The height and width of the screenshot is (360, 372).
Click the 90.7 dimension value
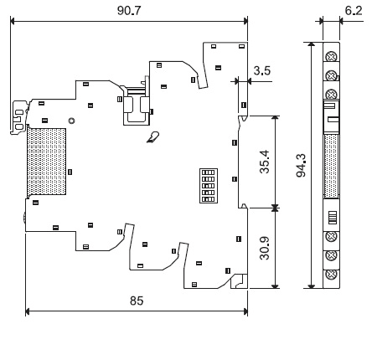[129, 11]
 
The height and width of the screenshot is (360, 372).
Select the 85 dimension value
[137, 301]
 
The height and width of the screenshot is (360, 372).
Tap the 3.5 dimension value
[262, 70]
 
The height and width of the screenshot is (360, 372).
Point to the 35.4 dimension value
[265, 162]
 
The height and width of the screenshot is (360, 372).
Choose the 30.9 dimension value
[265, 248]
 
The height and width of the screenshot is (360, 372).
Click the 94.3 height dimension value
[301, 165]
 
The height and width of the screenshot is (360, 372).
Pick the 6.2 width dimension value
[354, 11]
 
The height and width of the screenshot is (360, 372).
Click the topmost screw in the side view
[331, 57]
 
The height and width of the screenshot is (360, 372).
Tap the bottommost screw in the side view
[331, 275]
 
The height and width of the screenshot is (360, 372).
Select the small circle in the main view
[72, 121]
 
